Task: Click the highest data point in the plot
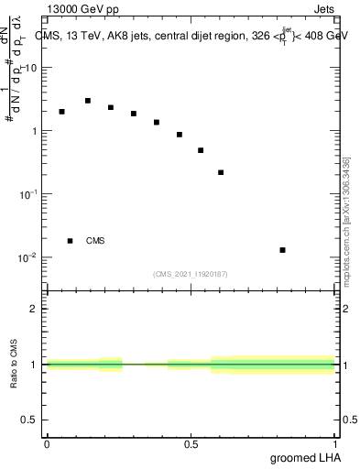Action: (x=88, y=101)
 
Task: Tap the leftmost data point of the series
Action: (x=61, y=112)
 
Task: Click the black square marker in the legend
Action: (x=71, y=241)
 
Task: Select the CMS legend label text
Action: (x=95, y=241)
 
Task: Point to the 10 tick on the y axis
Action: (x=31, y=68)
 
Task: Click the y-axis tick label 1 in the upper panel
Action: (x=34, y=131)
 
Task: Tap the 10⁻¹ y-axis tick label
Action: (x=28, y=194)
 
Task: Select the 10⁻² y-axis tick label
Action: (x=28, y=257)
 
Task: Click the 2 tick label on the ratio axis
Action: (x=34, y=309)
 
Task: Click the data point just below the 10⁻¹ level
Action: (x=221, y=172)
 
